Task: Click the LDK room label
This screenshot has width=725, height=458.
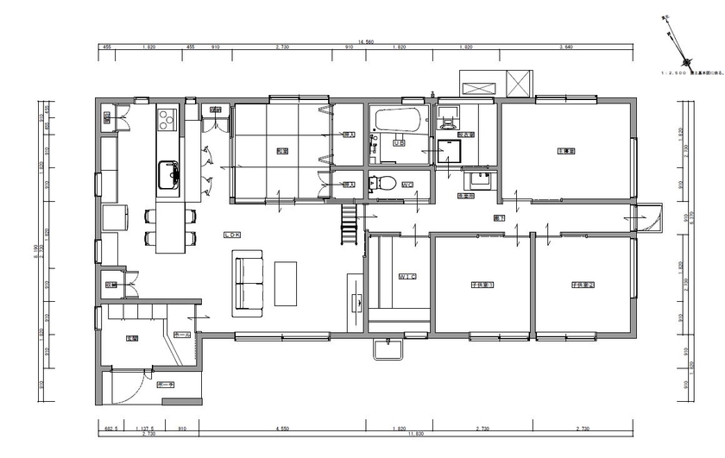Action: (231, 235)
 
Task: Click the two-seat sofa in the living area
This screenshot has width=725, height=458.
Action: (248, 280)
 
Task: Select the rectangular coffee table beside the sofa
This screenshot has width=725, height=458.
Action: (286, 283)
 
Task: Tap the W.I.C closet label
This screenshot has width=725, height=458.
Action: (407, 277)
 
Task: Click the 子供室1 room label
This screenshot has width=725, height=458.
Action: (482, 284)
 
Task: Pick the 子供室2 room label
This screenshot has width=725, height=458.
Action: (583, 284)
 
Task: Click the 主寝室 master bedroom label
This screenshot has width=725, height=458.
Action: (566, 150)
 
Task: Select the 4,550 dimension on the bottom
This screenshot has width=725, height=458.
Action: (282, 428)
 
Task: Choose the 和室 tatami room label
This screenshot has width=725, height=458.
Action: (282, 151)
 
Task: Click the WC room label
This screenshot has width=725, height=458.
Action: (407, 184)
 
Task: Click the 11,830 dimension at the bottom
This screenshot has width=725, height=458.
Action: (416, 434)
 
